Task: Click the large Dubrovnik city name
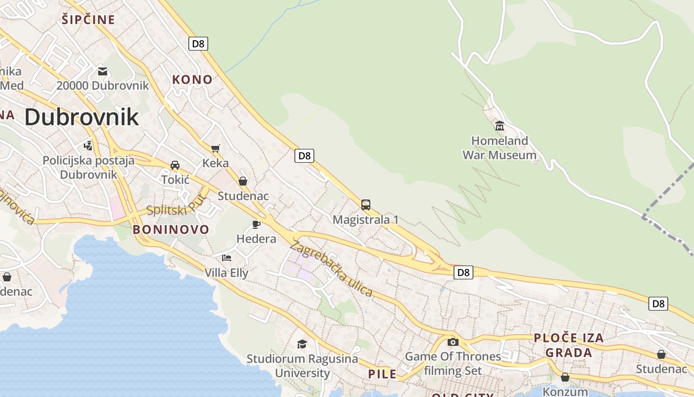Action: pos(81,117)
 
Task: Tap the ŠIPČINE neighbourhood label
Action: pos(88,20)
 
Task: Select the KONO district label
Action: pos(192,79)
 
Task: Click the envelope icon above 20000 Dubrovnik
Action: pos(103,71)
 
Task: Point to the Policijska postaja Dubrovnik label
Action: pos(89,167)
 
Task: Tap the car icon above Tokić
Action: pos(175,165)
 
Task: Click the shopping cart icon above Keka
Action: pos(216,148)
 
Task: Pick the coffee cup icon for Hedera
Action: pos(256,224)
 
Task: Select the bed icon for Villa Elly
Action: pos(227,258)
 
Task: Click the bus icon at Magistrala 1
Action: pos(366,204)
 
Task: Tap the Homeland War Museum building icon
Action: pos(499,126)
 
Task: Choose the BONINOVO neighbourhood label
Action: pos(171,229)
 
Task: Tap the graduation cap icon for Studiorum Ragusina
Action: pos(302,344)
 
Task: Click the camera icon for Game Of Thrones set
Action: pos(453,342)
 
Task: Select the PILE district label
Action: pos(382,374)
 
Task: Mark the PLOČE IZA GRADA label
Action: pos(569,345)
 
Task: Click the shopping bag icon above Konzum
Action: pos(565,377)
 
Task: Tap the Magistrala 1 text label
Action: pos(366,219)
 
